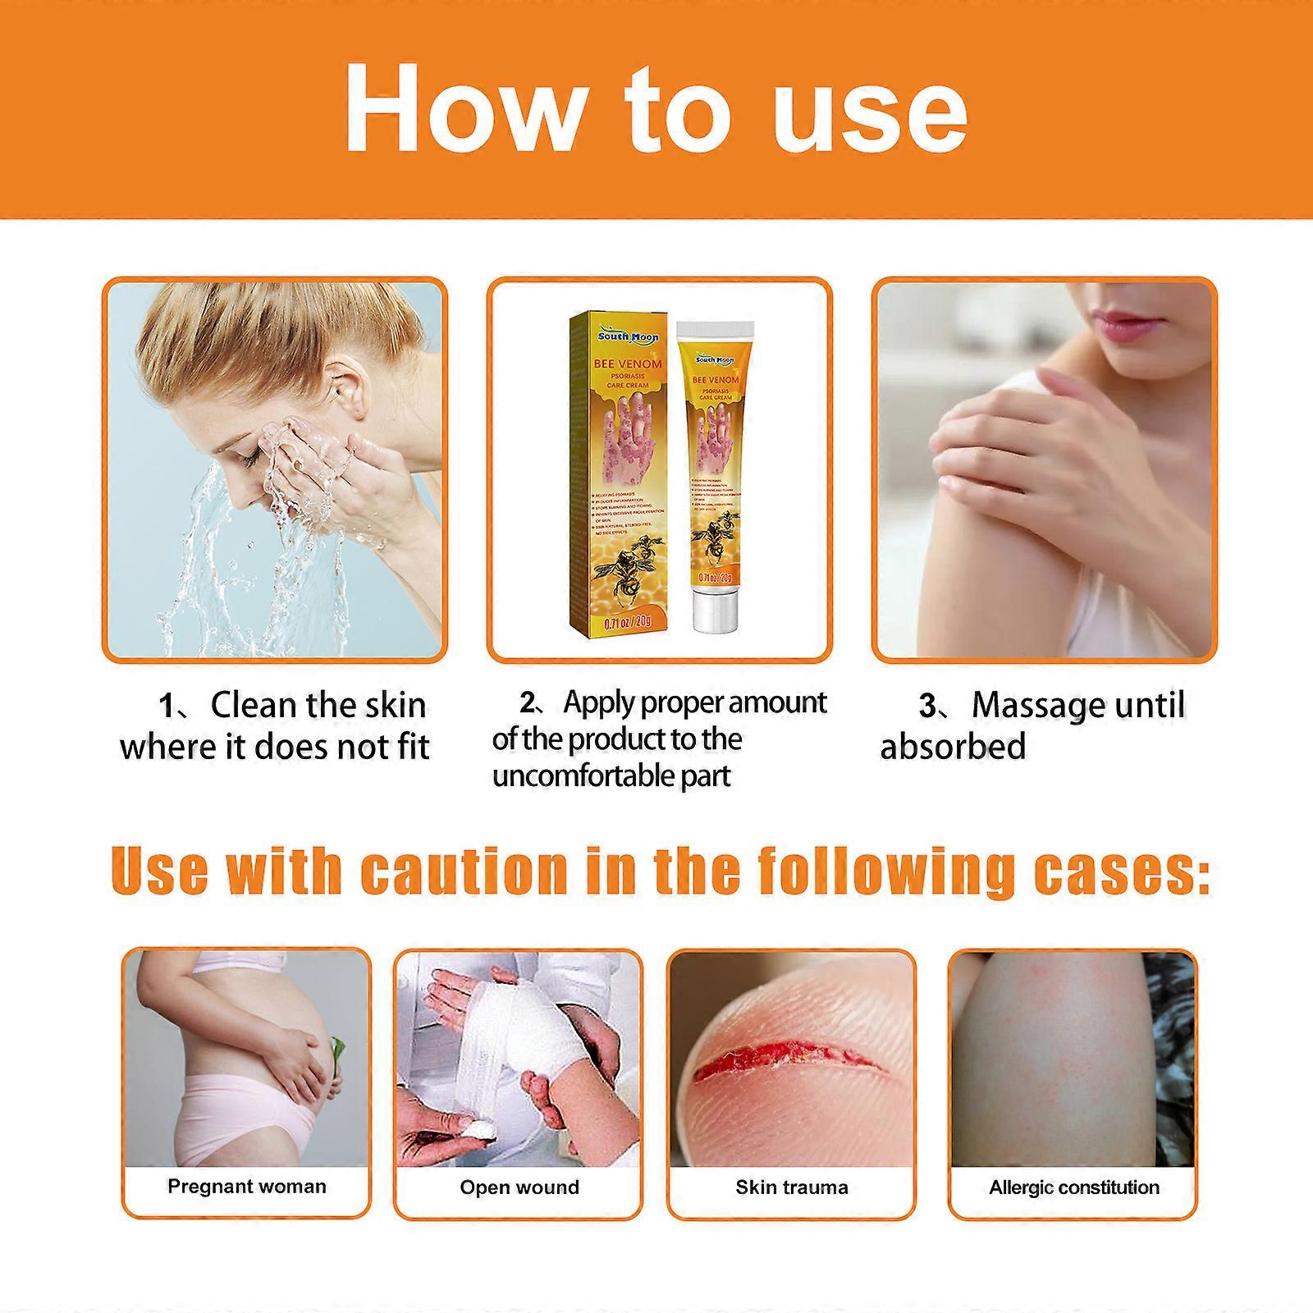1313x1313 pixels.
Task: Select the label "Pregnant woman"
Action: (247, 1187)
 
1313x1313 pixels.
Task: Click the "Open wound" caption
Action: (519, 1187)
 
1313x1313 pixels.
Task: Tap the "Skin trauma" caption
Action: (792, 1187)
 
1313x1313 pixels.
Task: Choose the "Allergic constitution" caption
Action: (1074, 1187)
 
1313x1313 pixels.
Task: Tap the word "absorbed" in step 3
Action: (953, 747)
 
